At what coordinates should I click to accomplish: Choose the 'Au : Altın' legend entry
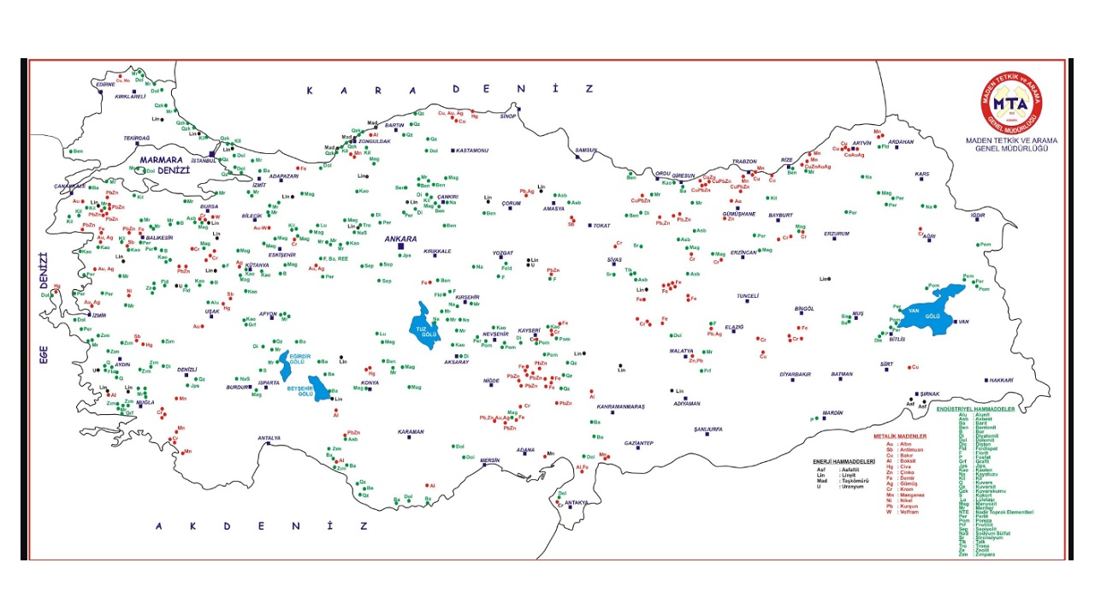click(x=897, y=444)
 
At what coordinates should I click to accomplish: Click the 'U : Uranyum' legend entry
click(x=835, y=486)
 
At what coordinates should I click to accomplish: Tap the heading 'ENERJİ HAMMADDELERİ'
click(x=843, y=462)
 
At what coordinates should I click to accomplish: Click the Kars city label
click(x=922, y=174)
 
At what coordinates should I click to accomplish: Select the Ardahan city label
click(x=901, y=142)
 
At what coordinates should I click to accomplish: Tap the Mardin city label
click(x=832, y=412)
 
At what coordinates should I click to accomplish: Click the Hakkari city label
click(x=1003, y=380)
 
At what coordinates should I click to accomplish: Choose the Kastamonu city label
click(x=471, y=151)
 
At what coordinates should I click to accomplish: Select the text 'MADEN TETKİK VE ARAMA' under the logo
click(x=1010, y=139)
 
